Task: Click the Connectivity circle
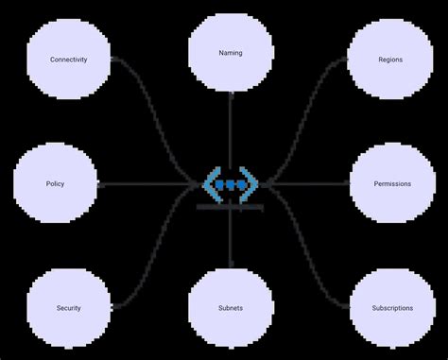pos(69,60)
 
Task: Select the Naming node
pos(230,53)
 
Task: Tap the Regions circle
pos(389,60)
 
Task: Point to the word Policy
pos(55,183)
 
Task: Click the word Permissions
pos(392,183)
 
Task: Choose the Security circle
pos(69,308)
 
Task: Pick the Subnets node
pos(230,308)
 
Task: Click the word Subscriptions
pos(392,308)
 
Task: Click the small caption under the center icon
pos(230,207)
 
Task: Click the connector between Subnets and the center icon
pos(230,241)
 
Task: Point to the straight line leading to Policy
pos(142,183)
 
